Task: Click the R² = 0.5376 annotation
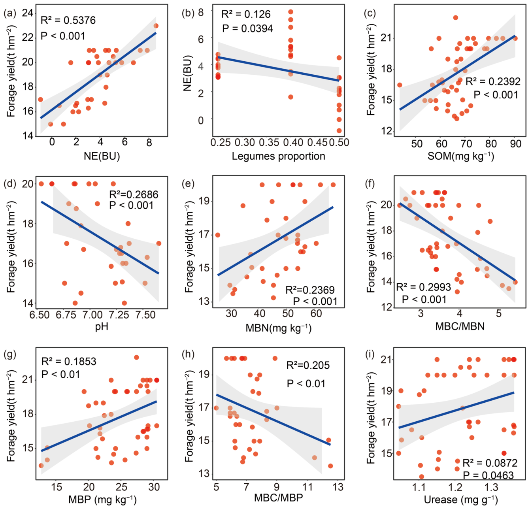point(68,20)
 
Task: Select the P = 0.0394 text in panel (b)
point(247,28)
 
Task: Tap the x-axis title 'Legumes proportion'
point(278,156)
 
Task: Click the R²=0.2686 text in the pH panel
point(134,194)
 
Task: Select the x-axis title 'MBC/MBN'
point(460,326)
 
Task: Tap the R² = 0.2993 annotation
point(423,287)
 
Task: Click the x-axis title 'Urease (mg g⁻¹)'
point(460,500)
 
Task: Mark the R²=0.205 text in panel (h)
point(308,365)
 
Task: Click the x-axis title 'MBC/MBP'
point(278,498)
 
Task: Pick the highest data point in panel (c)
point(455,18)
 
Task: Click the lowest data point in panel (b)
point(339,131)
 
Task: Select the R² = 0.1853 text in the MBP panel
point(69,361)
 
